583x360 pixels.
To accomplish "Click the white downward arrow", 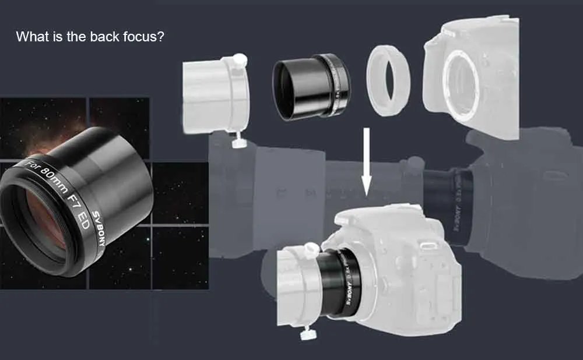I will point(366,161).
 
